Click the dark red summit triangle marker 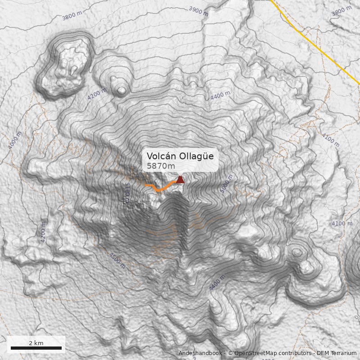pos(180,180)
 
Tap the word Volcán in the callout pos(161,157)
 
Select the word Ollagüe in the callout pos(196,157)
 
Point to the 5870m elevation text pos(161,166)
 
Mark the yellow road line pos(315,45)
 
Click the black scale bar pos(36,348)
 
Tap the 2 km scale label pos(36,343)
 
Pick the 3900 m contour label pos(198,11)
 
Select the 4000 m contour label pos(15,140)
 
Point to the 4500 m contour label pos(117,261)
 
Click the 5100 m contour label pos(127,191)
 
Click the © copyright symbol pos(230,353)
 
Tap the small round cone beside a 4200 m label pos(121,90)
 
